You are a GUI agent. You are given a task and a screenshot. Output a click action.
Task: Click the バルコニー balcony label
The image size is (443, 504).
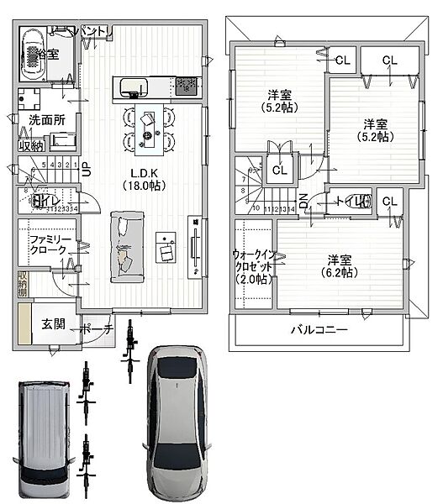(x=319, y=330)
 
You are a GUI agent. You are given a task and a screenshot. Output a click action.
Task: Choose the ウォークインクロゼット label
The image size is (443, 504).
(x=253, y=266)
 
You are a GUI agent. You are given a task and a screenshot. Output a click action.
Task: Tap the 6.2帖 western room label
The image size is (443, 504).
(x=340, y=265)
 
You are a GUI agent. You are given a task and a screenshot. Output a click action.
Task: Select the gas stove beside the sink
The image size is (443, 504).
(x=187, y=85)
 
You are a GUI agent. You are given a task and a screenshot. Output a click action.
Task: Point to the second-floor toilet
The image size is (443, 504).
(x=356, y=201)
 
